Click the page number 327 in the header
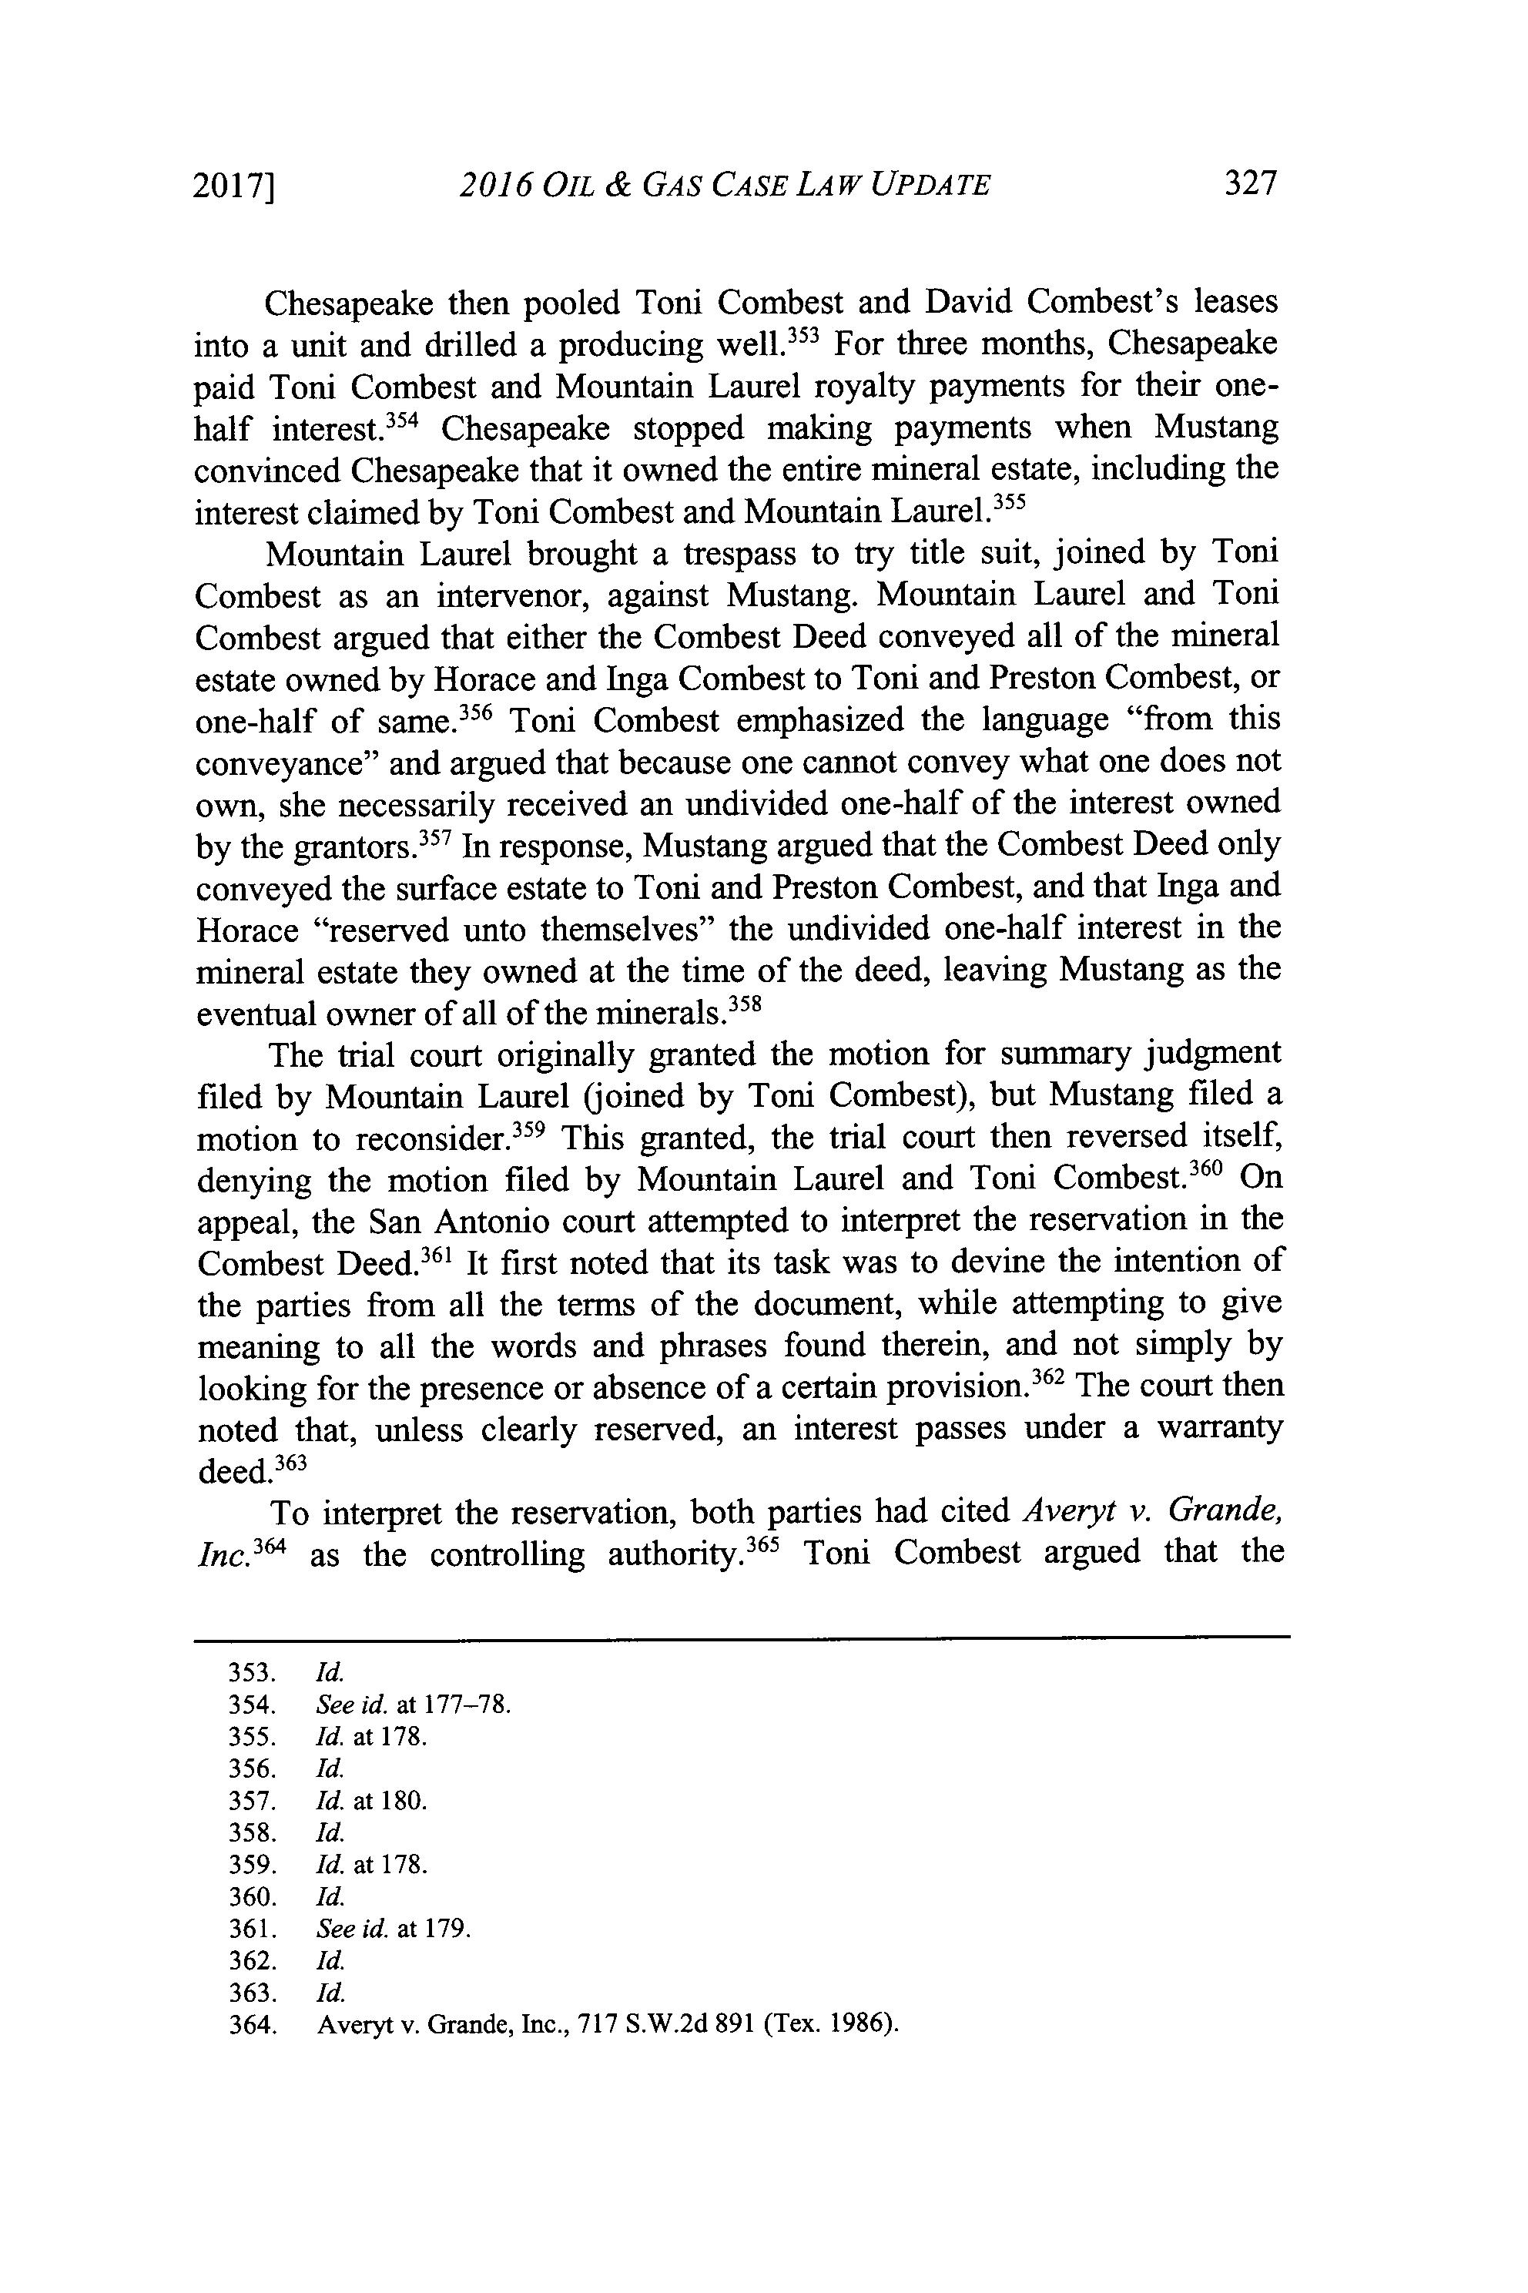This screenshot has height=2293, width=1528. click(1249, 183)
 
